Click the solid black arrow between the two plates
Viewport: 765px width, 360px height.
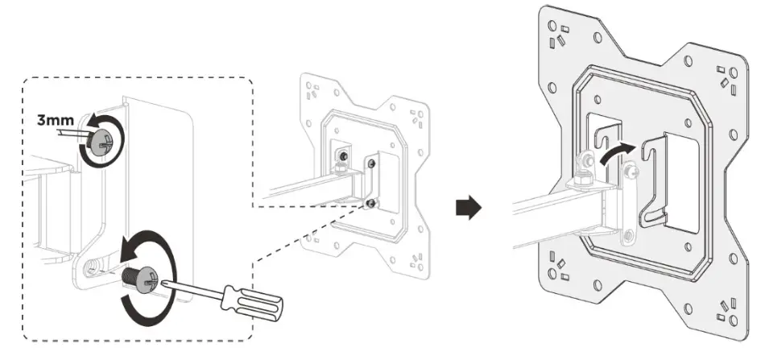469,208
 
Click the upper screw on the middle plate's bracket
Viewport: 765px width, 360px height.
371,164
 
